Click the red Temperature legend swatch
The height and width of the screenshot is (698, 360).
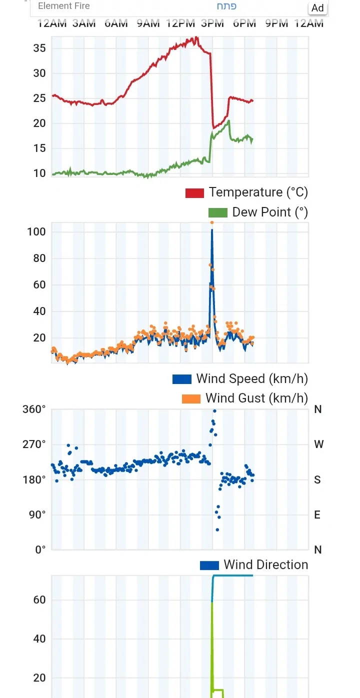pos(194,193)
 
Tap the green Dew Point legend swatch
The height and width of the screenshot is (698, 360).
pos(217,212)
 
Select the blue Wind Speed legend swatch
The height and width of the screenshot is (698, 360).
pos(181,379)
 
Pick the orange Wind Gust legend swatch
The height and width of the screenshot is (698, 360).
pos(190,398)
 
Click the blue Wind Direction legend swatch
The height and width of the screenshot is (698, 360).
pos(209,565)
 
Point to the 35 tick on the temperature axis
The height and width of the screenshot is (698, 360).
pos(39,48)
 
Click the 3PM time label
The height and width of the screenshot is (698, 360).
pos(212,23)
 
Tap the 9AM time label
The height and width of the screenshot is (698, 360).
pos(148,23)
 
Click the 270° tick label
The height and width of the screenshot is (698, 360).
pos(34,444)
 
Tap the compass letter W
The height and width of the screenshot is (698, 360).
pos(318,444)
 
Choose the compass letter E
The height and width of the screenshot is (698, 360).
pos(317,515)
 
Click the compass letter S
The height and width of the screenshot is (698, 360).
pos(317,480)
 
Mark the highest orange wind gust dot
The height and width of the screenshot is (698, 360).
pos(212,222)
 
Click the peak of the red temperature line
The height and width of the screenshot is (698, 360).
pos(196,37)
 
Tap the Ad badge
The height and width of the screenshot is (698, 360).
pos(317,8)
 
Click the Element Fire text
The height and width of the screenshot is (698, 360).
pos(64,6)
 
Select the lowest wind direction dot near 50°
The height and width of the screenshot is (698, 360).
pos(217,529)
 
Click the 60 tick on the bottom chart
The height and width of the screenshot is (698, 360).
pos(39,600)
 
